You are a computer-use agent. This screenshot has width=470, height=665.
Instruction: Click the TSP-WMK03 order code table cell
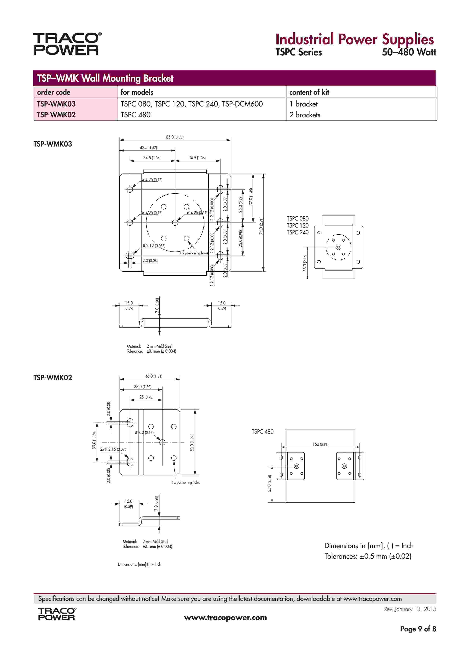click(56, 104)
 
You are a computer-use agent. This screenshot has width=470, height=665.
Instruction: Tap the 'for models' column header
click(137, 92)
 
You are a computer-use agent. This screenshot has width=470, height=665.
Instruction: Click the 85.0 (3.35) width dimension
click(174, 137)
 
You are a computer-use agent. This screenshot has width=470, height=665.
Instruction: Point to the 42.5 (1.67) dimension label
click(148, 147)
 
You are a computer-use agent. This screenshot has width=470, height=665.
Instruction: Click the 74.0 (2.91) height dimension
click(261, 226)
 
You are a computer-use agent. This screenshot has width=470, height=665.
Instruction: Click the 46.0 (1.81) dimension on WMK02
click(154, 376)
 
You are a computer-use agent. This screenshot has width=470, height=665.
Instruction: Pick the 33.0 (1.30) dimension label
click(143, 387)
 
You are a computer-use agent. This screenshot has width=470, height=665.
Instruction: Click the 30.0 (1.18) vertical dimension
click(94, 440)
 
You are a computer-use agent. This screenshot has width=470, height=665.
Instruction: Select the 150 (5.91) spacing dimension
click(320, 444)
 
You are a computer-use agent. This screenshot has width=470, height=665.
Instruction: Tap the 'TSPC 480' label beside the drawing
click(263, 432)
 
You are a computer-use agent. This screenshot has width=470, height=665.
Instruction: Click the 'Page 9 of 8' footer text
click(418, 629)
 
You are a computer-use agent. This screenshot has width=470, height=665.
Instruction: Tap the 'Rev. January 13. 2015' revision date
click(410, 609)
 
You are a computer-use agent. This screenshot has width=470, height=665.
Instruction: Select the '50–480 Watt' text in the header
click(409, 52)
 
